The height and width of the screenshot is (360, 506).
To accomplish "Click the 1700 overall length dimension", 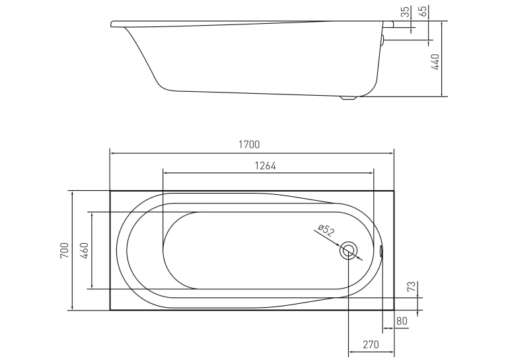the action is point(249,144).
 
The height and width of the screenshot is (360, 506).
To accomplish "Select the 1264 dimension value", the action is point(266,166).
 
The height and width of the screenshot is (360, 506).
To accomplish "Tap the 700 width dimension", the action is point(65,250).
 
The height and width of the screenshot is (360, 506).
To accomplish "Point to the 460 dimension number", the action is point(84,250).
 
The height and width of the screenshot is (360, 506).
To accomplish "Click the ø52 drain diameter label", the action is point(326,231).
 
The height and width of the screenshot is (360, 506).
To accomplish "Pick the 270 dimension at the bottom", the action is point(371,345).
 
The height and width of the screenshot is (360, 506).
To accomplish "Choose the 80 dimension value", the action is point(402,321).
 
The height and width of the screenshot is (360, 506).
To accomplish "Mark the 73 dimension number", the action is point(411,287).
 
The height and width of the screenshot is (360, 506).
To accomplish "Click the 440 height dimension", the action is point(435,62).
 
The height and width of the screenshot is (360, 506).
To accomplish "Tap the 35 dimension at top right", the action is point(405,12).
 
